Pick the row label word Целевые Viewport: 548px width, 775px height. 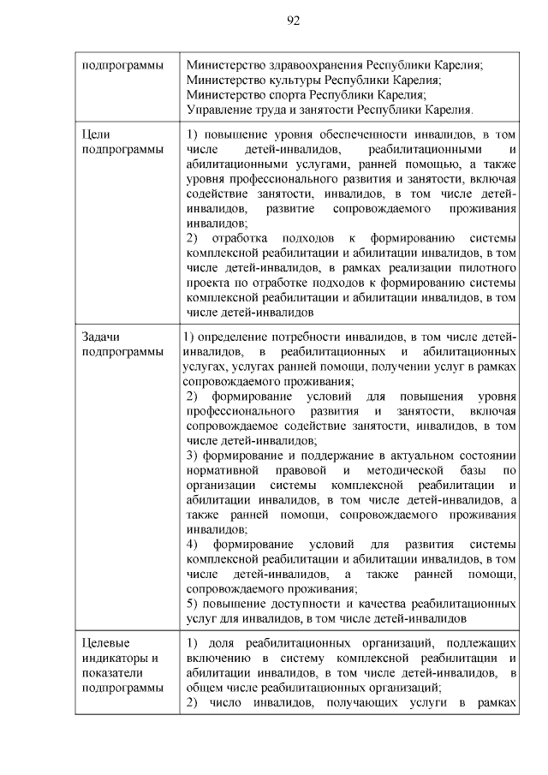pyautogui.click(x=106, y=642)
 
